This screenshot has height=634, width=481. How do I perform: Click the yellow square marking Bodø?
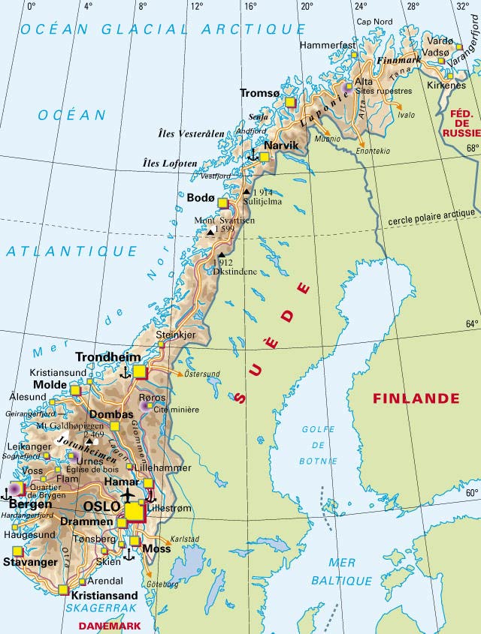pos(222,202)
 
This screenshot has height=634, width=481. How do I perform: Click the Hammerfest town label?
pos(327,45)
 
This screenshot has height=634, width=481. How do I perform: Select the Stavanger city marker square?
pos(17,551)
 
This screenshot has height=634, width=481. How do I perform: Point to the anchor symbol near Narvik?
pos(253,156)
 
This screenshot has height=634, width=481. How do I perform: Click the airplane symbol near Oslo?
pos(129,496)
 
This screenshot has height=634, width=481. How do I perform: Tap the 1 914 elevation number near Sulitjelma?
pos(260,192)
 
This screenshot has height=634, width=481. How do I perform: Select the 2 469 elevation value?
pos(94,434)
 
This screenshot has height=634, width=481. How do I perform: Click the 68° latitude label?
pos(472,147)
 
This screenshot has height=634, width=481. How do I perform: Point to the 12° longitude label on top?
pos(197,6)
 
